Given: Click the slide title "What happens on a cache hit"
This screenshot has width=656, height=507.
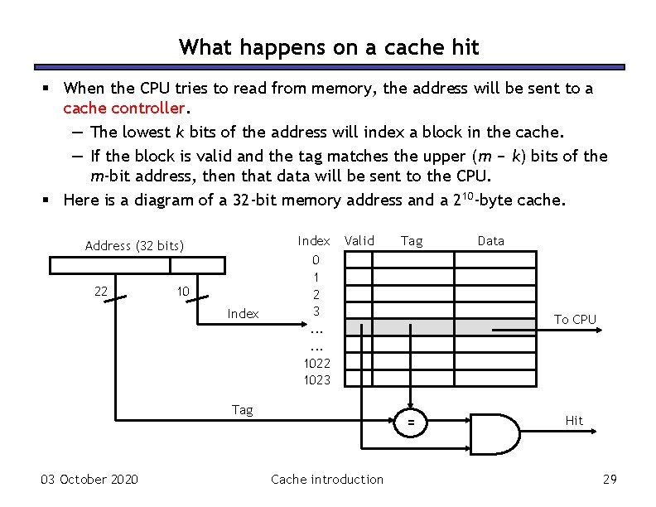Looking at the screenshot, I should click(x=329, y=47).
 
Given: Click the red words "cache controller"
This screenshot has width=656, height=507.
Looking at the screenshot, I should click(x=123, y=109).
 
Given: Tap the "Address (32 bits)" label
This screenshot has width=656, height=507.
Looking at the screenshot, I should click(x=134, y=245).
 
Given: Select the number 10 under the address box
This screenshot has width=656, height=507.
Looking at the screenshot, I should click(x=184, y=291).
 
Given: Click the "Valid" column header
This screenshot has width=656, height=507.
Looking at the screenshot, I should click(x=359, y=240).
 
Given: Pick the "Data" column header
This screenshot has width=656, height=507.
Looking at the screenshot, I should click(x=490, y=240).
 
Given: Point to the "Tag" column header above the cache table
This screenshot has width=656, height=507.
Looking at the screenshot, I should click(x=412, y=240).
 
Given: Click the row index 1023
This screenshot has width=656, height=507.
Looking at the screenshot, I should click(x=316, y=379).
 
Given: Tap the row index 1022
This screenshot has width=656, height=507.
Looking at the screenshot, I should click(x=316, y=362).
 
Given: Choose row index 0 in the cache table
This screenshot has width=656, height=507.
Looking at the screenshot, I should click(x=316, y=259).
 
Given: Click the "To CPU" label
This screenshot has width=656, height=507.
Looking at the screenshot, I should click(x=575, y=319).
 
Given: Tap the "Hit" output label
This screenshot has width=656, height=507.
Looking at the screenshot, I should click(x=574, y=420).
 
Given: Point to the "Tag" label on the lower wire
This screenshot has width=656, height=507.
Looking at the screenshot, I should click(x=243, y=409).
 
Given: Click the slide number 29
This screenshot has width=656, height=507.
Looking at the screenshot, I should click(x=610, y=479).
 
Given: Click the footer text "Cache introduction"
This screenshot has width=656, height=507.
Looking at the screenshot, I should click(x=327, y=479).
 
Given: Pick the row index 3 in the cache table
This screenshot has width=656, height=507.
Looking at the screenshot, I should click(x=316, y=311).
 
